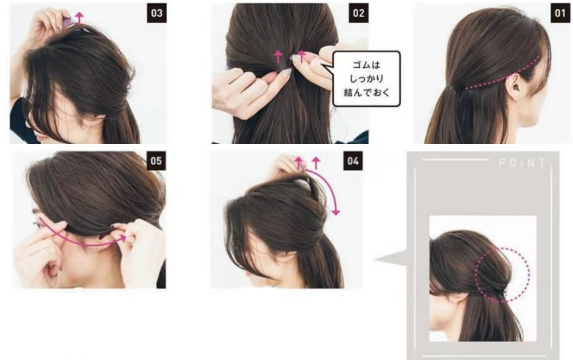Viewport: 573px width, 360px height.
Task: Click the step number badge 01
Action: [560, 13]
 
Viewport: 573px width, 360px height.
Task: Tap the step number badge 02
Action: [358, 13]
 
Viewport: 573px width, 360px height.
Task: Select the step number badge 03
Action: [157, 13]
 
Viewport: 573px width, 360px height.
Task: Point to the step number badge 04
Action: [353, 161]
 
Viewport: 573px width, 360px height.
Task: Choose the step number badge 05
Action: [156, 161]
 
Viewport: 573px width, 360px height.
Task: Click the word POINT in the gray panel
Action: [522, 163]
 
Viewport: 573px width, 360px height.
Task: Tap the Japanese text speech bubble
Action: [367, 79]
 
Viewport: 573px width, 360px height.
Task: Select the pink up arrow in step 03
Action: [79, 17]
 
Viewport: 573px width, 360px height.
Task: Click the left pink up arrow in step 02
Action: [278, 57]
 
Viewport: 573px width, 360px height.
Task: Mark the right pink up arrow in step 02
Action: [301, 57]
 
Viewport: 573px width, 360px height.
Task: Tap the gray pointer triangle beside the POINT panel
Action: [391, 259]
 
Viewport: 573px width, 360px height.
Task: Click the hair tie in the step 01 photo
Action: [450, 87]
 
